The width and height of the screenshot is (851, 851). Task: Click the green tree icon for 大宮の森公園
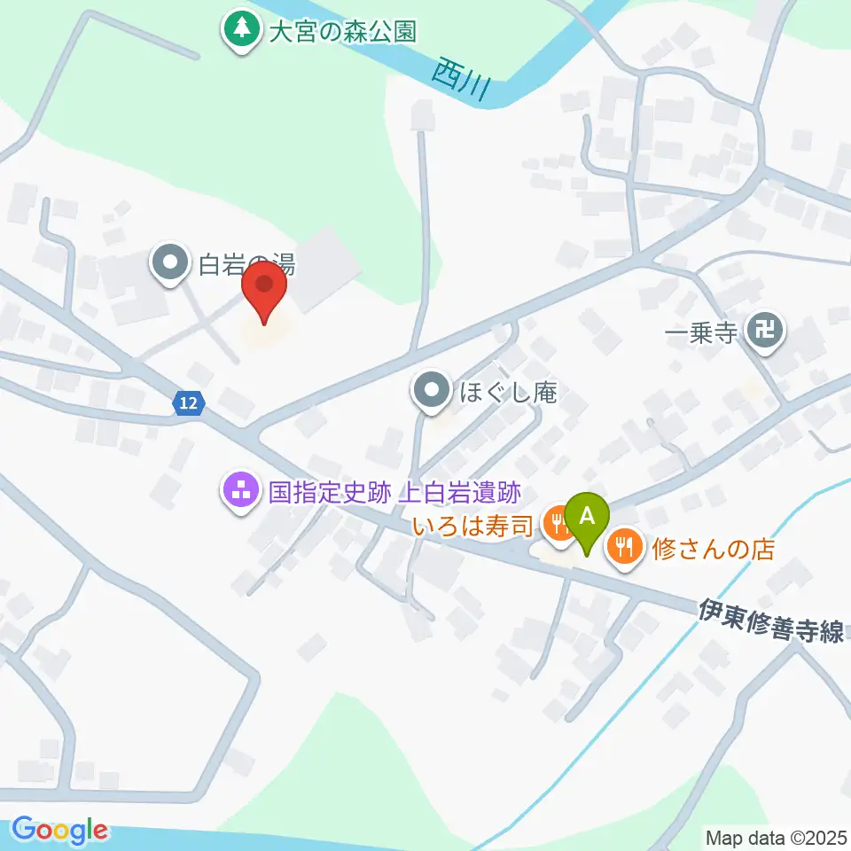[238, 31]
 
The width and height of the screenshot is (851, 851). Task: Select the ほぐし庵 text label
[507, 393]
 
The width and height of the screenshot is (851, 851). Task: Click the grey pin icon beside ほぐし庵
[432, 390]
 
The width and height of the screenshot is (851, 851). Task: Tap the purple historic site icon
[241, 488]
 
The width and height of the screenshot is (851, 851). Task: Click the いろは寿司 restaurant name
[472, 527]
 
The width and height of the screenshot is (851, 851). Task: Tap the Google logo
[60, 830]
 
